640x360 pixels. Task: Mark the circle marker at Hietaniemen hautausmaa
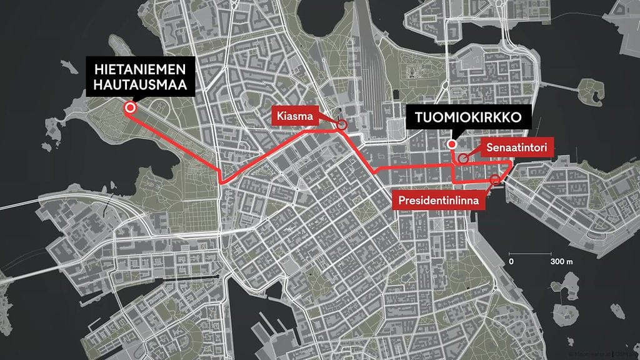(130, 107)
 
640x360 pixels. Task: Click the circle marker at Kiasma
(342, 125)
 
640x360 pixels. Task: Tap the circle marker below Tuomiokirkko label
(452, 145)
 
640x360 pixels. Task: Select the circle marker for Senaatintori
(463, 158)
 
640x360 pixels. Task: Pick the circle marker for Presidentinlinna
(496, 180)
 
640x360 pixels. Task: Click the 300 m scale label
(561, 261)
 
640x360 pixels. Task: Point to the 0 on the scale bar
(511, 261)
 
